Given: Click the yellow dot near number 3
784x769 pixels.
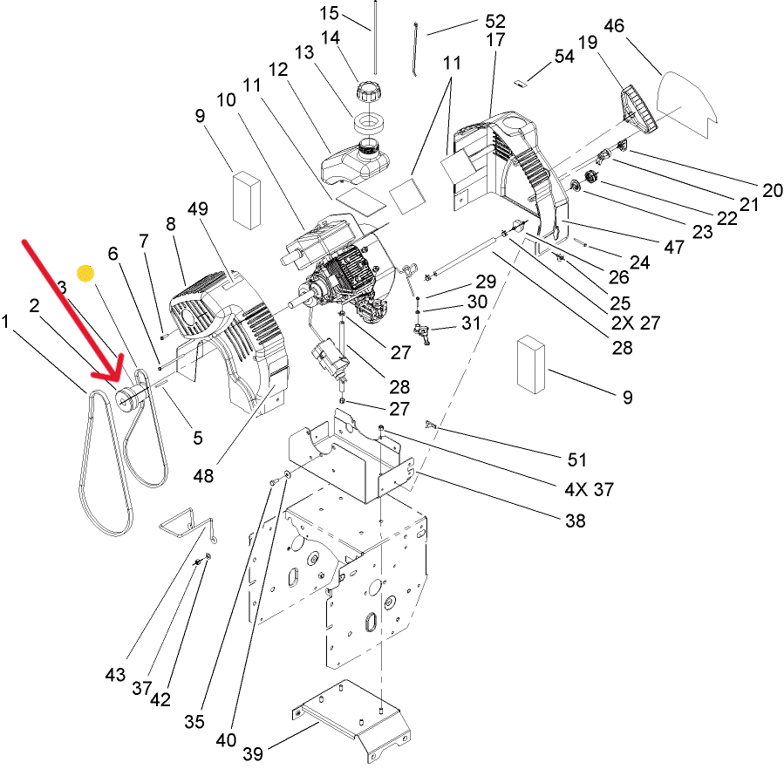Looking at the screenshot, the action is coord(85,273).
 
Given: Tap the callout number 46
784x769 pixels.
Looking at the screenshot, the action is coord(614,25).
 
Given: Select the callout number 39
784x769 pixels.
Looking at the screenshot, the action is coord(253,753).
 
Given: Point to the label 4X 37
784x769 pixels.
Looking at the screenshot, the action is coord(589,489).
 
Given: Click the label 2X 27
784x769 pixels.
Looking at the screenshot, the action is coord(636,323).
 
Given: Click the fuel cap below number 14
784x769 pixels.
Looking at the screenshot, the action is coord(369,92).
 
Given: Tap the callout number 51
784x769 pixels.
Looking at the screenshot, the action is coord(576,459).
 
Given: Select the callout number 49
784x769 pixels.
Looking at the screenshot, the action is coord(198,208).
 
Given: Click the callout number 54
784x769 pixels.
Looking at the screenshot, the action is coord(564,56).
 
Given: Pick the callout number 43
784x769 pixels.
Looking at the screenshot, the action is coord(115,675).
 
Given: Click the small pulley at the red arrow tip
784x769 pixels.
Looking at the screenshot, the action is coord(129,398).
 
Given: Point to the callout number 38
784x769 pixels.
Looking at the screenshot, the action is coord(575,521).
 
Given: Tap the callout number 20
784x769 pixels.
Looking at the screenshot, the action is coord(773,190).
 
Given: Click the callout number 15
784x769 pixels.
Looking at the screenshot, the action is coord(329,13).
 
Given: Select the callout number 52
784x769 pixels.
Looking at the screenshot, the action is coord(495,21).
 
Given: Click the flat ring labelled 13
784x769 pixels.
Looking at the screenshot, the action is coord(369,124).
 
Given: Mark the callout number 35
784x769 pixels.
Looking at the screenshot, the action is coord(194,722).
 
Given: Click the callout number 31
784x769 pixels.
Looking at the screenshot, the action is coord(471,323).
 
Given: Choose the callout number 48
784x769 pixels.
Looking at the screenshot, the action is coord(203,475).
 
